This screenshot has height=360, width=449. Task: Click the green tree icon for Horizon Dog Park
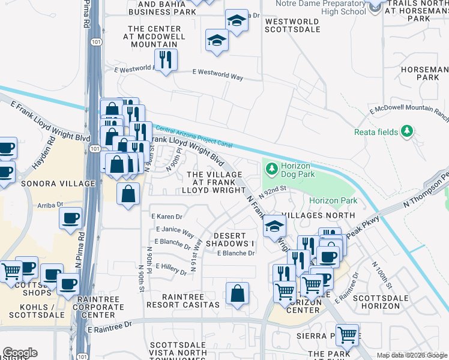point(271,169)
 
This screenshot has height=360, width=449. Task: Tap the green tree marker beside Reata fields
point(408,131)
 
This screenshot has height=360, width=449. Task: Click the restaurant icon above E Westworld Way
point(165,59)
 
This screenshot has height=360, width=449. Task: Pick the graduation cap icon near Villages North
point(275,226)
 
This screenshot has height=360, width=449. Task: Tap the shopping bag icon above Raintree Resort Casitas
point(238,293)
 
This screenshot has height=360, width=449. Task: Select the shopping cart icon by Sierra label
point(346,335)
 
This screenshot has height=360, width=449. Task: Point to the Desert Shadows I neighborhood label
point(231,239)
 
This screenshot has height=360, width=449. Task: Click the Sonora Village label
point(58,184)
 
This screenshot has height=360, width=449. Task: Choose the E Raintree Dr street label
point(109,329)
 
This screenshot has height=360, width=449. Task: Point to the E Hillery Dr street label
point(171,268)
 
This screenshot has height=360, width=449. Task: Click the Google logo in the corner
point(20,352)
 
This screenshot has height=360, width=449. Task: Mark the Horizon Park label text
point(333,201)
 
